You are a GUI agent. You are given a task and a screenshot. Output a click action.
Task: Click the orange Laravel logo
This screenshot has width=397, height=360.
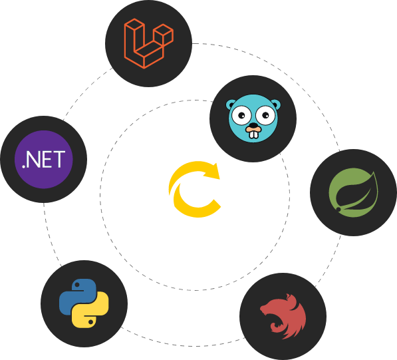[x=148, y=43]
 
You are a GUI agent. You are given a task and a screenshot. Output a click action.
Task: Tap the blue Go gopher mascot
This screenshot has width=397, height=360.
[x=253, y=118]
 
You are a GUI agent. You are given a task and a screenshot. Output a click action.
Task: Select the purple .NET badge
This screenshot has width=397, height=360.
[x=43, y=159]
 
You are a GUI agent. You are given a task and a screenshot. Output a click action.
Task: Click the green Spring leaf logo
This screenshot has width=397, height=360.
[x=354, y=192]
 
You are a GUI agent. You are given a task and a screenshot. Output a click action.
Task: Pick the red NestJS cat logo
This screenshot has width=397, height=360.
[x=283, y=316]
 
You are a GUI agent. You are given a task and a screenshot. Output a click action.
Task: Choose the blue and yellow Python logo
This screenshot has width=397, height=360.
[x=84, y=303]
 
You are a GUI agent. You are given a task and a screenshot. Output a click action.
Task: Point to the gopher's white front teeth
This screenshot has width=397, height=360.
[x=253, y=134]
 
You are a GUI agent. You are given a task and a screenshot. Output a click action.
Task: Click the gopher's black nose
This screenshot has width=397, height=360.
[x=253, y=125]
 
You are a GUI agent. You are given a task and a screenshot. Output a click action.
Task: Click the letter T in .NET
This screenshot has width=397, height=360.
[x=59, y=159]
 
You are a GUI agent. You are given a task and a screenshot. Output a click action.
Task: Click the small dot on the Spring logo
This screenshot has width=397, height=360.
[x=338, y=209]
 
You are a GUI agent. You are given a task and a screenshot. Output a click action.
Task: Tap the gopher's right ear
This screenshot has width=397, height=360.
[x=276, y=104]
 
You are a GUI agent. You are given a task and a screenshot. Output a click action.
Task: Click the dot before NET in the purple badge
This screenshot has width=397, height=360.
[x=23, y=166]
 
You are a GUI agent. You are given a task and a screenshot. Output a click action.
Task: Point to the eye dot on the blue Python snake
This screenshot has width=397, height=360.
[x=77, y=285]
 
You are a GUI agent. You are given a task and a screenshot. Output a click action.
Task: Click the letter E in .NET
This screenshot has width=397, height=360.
[x=46, y=159]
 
